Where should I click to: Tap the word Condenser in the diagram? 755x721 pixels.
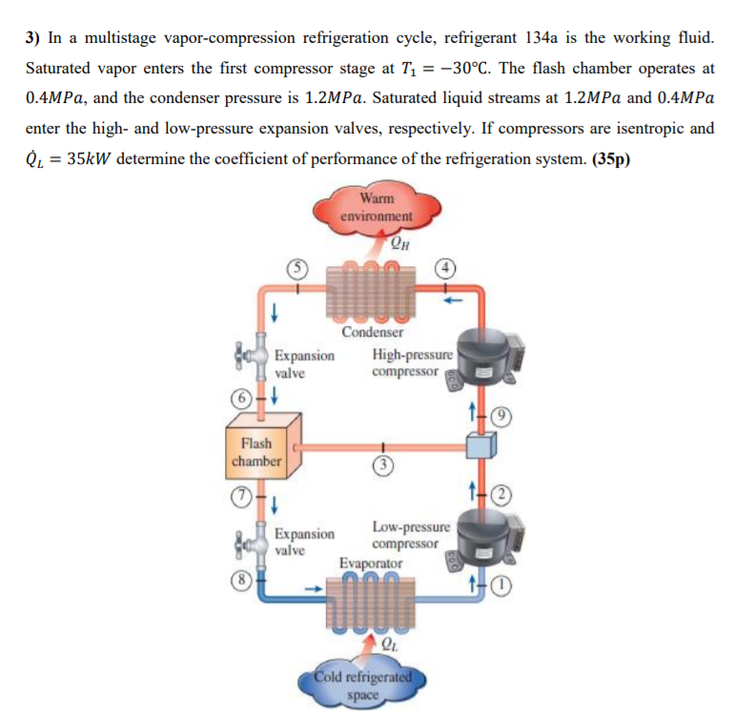(372, 333)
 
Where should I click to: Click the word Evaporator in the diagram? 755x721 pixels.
(371, 564)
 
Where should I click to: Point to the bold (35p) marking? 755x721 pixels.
(610, 158)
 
